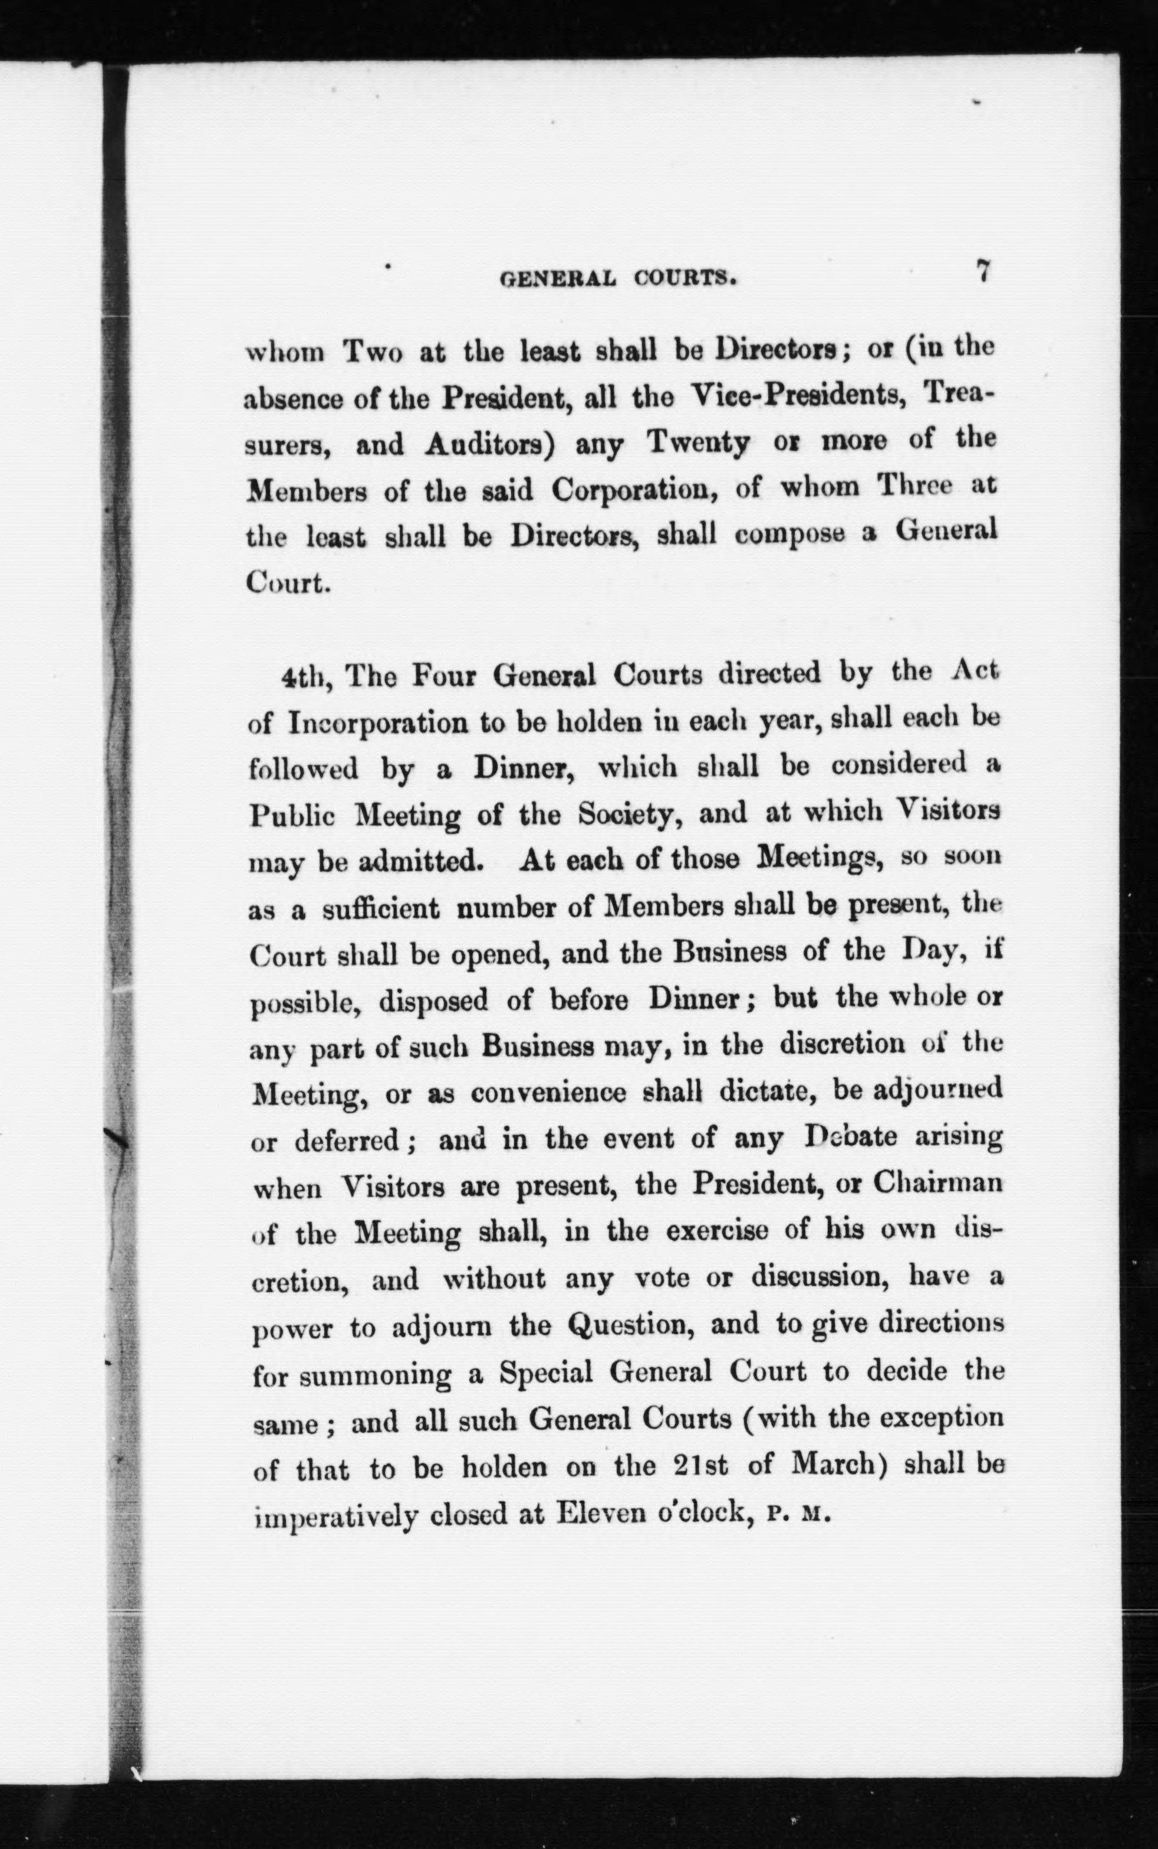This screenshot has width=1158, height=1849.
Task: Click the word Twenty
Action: [697, 444]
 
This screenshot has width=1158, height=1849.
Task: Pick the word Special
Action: [546, 1372]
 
